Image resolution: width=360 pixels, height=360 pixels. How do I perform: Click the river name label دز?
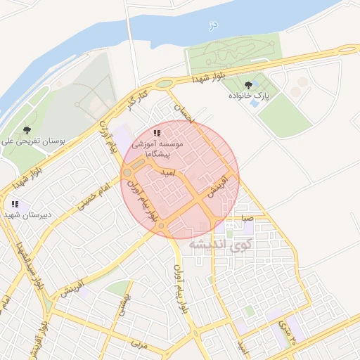(213, 25)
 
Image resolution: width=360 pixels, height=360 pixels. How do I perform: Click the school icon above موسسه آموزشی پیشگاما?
(157, 133)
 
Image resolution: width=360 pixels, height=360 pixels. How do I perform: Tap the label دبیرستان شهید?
(27, 214)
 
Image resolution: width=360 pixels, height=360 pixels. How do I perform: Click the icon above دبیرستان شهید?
(15, 204)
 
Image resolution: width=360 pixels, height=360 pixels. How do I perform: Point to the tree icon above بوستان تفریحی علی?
(27, 130)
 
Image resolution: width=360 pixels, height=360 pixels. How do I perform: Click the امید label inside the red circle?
(168, 172)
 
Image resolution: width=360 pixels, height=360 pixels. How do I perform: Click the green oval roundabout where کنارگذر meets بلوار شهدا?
(165, 84)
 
